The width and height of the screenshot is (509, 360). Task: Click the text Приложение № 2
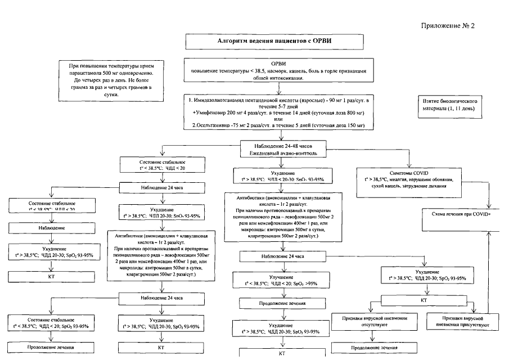click(448, 26)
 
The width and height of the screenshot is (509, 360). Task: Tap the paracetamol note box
click(116, 81)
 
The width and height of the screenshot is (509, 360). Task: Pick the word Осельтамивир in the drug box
click(217, 125)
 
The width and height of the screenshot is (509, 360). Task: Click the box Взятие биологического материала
click(450, 103)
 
